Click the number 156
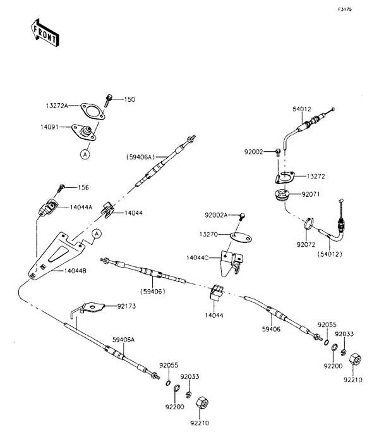coord(83,187)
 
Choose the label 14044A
coord(81,207)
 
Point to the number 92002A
coord(217,216)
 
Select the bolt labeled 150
coord(111,99)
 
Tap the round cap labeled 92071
coord(282,195)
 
